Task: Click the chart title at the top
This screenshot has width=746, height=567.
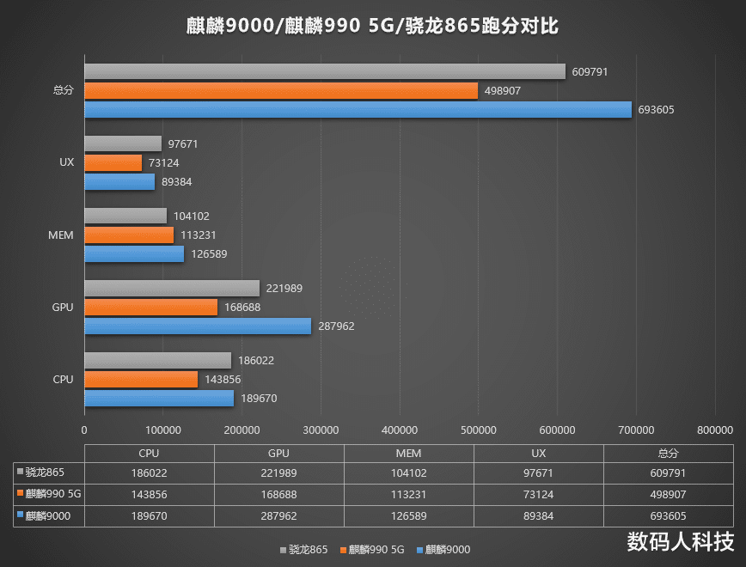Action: pyautogui.click(x=372, y=27)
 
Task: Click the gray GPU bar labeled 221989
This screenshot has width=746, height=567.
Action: pyautogui.click(x=171, y=289)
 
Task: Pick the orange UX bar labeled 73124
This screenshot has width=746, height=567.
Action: pyautogui.click(x=113, y=162)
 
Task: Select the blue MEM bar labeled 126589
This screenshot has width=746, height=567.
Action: pyautogui.click(x=133, y=253)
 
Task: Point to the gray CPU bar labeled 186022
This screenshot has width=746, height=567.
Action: pyautogui.click(x=157, y=361)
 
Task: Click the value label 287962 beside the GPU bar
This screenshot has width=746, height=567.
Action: pyautogui.click(x=336, y=326)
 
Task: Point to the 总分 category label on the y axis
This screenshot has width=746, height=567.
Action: pyautogui.click(x=63, y=89)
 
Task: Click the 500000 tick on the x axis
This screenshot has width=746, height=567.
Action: pyautogui.click(x=478, y=430)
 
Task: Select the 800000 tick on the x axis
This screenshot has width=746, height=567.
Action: pyautogui.click(x=714, y=430)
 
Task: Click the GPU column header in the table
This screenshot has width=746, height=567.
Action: pyautogui.click(x=278, y=454)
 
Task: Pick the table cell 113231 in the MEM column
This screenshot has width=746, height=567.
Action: pyautogui.click(x=408, y=494)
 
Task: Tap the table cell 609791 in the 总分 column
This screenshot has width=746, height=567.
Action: pyautogui.click(x=669, y=472)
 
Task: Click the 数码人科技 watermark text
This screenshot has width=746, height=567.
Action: pyautogui.click(x=681, y=543)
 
